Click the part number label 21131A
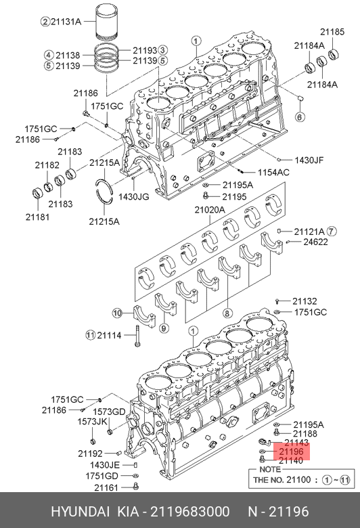coord(66,22)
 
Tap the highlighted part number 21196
coord(291,452)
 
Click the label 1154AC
coord(273,173)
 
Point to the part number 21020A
coord(210,210)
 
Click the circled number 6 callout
coord(300,117)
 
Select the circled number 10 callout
coord(117,313)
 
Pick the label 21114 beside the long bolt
coord(109,335)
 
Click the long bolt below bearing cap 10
coord(137,336)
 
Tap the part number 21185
coord(332,32)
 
